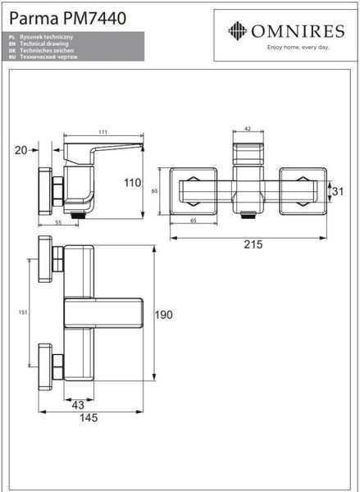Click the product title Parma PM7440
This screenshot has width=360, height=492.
pos(68,18)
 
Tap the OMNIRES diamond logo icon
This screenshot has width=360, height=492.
pos(237,31)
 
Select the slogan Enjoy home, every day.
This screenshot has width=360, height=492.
pos(298,48)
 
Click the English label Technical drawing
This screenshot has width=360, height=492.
pos(44,43)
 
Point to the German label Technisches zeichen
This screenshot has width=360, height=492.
pos(47,50)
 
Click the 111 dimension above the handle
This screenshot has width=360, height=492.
pos(103,132)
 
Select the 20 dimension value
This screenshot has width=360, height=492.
pos(21,150)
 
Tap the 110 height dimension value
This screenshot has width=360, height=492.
pos(133,183)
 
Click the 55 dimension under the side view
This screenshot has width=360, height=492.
pos(58,222)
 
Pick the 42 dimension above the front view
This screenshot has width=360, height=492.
pos(248,129)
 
